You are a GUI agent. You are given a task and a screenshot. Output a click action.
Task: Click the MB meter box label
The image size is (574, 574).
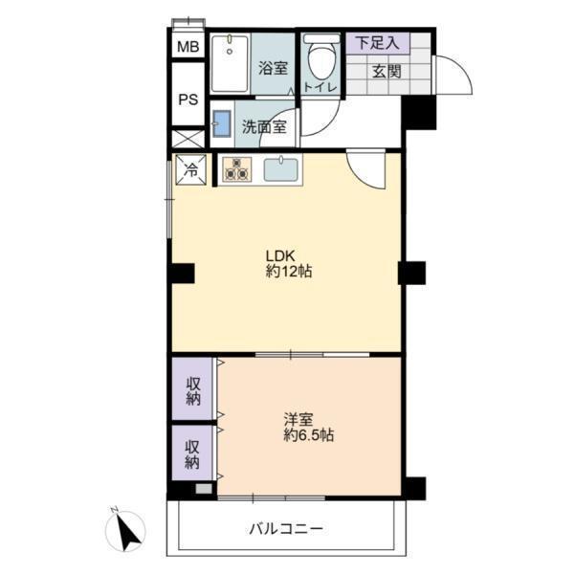click(x=188, y=47)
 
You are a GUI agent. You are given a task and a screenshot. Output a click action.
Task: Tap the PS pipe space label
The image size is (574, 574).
click(x=188, y=99)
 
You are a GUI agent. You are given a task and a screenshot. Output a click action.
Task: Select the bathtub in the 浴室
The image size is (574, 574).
click(x=230, y=63)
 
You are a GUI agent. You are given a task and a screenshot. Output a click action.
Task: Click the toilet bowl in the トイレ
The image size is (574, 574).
click(x=321, y=58)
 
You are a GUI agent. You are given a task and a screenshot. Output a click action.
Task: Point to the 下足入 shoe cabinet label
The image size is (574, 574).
click(x=378, y=43)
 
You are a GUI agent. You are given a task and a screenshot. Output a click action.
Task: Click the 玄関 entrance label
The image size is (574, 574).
click(x=386, y=72)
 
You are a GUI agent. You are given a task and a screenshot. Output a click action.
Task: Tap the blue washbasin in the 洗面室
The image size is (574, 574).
click(x=222, y=123)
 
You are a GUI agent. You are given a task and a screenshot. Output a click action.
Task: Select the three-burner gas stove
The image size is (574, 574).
click(x=237, y=169)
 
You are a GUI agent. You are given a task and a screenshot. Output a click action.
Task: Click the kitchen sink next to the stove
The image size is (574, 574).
click(x=280, y=169)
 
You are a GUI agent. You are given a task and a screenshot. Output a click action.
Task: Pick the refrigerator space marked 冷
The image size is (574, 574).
click(x=190, y=169)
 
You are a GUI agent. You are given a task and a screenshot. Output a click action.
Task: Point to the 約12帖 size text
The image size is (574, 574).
click(x=289, y=272)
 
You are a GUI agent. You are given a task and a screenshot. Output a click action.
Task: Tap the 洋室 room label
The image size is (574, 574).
click(x=298, y=420)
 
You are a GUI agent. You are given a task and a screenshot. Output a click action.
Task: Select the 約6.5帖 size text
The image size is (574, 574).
click(x=309, y=435)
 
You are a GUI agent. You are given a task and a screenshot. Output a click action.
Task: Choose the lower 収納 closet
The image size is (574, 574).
click(x=192, y=453)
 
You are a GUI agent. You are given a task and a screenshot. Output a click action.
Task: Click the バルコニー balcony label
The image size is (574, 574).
click(x=286, y=529)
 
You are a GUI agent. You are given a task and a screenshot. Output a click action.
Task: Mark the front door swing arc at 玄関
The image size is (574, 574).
click(x=463, y=69)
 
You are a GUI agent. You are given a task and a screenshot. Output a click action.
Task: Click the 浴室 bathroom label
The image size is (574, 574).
click(x=273, y=68)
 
